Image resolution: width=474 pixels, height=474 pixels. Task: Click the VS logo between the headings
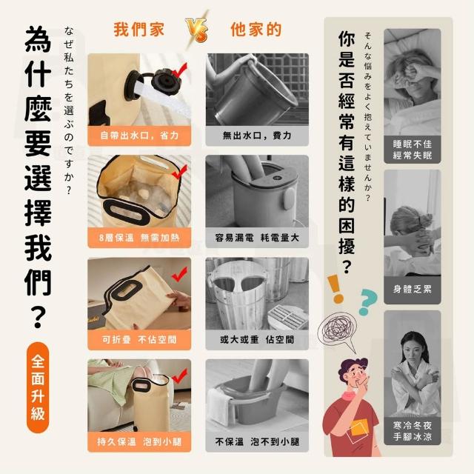click(x=197, y=30)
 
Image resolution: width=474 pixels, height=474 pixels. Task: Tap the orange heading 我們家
click(x=138, y=30)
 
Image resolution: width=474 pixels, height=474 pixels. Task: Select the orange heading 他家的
click(x=256, y=30)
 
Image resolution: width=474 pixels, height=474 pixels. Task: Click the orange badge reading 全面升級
click(x=38, y=387)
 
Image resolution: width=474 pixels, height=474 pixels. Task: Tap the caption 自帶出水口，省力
click(x=139, y=136)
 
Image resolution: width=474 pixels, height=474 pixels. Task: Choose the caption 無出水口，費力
click(x=257, y=136)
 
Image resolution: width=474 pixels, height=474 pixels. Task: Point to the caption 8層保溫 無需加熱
click(x=139, y=238)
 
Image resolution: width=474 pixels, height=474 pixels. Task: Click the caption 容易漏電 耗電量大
click(x=257, y=238)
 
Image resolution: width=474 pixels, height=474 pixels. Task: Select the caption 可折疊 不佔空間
click(x=139, y=339)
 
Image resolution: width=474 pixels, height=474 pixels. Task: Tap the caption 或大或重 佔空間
click(x=257, y=339)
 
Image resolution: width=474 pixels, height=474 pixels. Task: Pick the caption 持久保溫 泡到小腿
click(x=139, y=441)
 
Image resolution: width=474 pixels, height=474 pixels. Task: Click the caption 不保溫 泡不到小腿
click(x=257, y=441)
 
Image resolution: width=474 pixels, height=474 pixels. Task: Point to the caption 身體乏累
click(x=413, y=290)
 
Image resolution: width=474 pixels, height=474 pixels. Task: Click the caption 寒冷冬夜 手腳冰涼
click(x=413, y=431)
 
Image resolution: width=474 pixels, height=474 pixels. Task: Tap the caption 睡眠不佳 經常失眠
click(x=413, y=150)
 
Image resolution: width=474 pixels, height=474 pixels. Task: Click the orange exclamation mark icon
click(x=335, y=289)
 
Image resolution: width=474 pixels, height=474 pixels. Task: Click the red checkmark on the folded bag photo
click(x=179, y=274)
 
